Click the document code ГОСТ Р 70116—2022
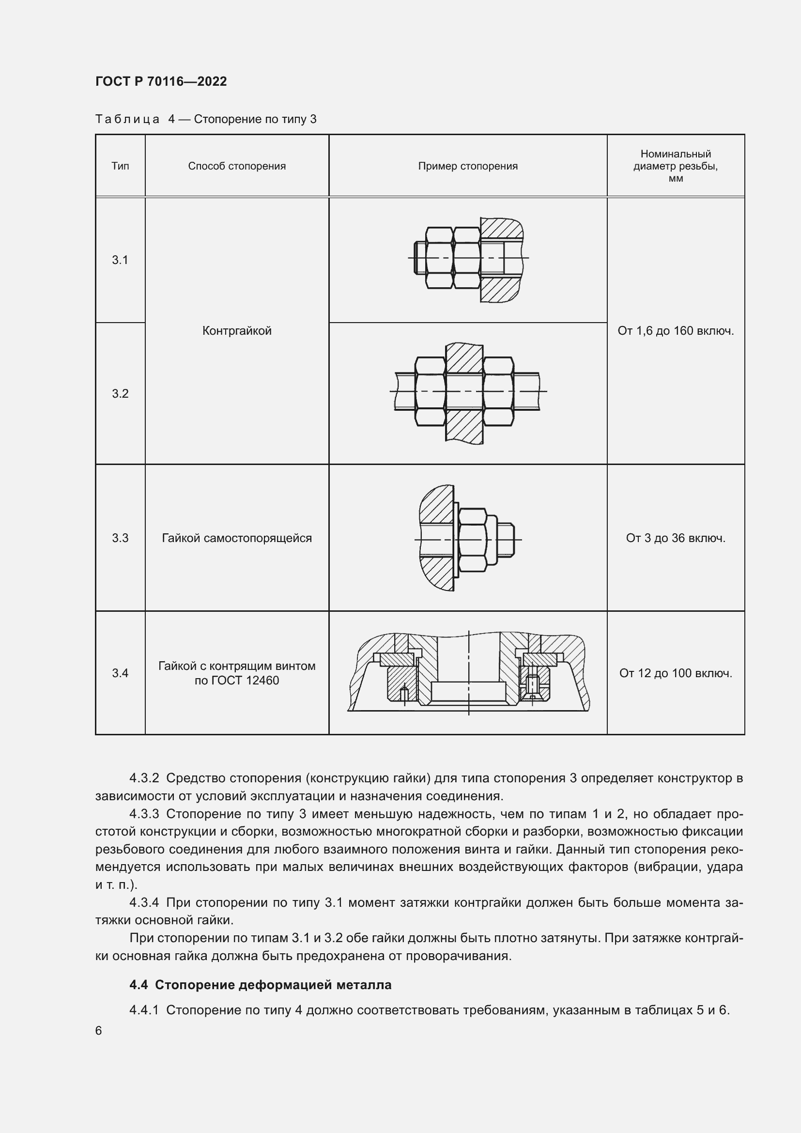click(x=161, y=81)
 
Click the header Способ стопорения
click(x=237, y=166)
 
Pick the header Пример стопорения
click(x=468, y=166)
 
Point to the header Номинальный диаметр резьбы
click(x=675, y=166)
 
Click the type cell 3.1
click(x=120, y=260)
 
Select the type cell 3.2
click(x=120, y=393)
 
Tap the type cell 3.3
click(x=120, y=538)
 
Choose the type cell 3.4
click(x=120, y=673)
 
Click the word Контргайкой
click(x=237, y=331)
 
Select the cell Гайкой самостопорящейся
click(x=237, y=538)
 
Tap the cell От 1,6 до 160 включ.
click(x=675, y=331)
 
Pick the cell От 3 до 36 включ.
click(x=675, y=538)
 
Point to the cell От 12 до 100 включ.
click(x=675, y=673)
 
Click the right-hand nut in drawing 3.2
click(x=499, y=391)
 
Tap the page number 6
click(x=99, y=1031)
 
